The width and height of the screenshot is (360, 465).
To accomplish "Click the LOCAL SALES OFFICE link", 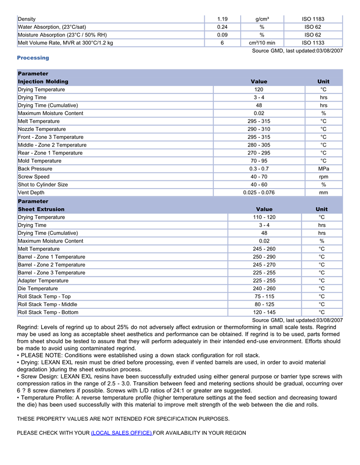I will point(121,433).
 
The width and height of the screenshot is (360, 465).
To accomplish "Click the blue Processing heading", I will point(33,58).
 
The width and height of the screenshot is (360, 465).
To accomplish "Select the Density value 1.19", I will point(222,19).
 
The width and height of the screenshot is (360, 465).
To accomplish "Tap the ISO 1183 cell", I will point(313,19).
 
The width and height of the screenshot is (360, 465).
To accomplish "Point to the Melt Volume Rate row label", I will point(65,43).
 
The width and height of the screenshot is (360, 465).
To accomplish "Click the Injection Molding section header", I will point(43,82).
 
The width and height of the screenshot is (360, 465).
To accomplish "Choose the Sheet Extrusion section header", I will point(41,209).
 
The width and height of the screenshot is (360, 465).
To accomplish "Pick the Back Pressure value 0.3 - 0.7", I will point(259,169).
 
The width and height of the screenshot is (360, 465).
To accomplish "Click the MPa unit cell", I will point(323,169).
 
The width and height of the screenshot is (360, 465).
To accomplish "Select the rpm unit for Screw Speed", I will point(323,177).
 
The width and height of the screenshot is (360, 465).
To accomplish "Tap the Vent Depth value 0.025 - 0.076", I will point(259,193).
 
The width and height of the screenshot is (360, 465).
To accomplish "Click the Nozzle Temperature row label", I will point(42,129).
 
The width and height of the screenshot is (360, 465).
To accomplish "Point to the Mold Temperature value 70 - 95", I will point(259,161).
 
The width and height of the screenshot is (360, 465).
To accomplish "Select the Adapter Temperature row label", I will point(43,281).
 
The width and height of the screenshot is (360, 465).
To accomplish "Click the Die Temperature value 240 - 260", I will point(264,289).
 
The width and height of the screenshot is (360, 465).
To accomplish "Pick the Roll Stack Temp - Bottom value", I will point(264,312).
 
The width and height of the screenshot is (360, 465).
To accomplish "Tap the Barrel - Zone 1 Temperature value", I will point(264,257).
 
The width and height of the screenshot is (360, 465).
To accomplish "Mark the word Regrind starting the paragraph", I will point(28,327).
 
